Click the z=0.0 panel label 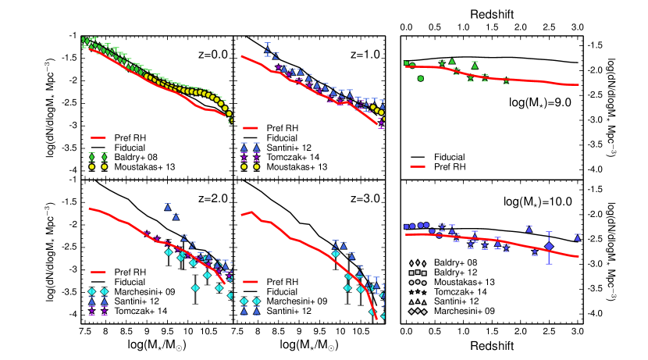tap(210, 55)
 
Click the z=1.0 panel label tap(362, 55)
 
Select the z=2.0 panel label tap(210, 198)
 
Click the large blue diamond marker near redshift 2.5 tap(549, 247)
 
